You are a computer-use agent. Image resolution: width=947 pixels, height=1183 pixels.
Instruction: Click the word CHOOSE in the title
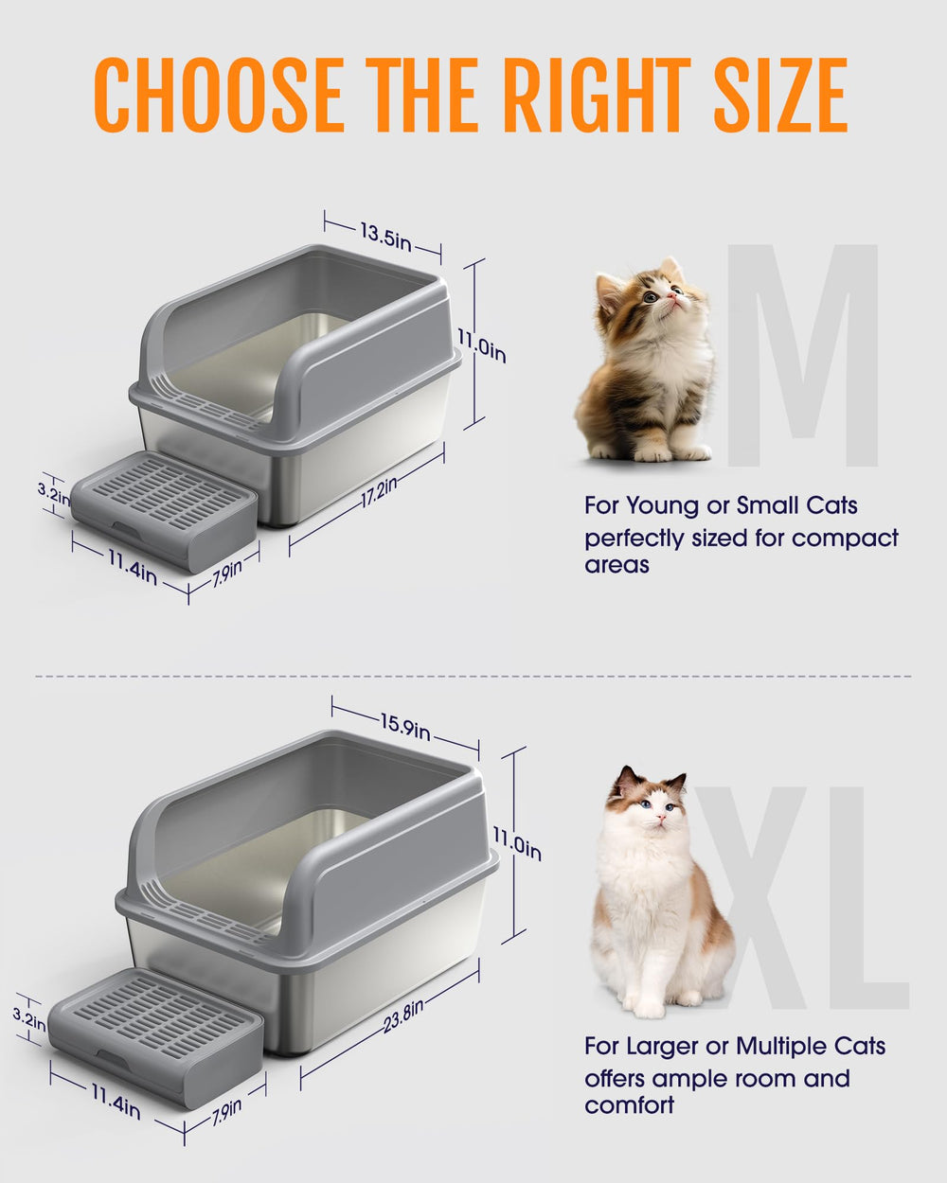pos(219,96)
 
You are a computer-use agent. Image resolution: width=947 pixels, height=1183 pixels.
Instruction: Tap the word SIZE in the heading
pos(780,96)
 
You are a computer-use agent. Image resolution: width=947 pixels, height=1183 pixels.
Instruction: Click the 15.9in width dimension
pos(405,726)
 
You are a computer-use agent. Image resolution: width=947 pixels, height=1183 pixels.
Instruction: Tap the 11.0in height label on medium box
pos(481,344)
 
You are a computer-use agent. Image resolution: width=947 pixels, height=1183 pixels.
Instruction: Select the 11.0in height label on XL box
pos(517,842)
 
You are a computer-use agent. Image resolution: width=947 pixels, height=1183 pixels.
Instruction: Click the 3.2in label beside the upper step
pos(53,492)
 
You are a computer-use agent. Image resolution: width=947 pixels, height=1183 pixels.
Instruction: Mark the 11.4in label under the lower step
pos(116,1101)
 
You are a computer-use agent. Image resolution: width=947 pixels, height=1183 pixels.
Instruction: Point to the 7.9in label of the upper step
pos(226,574)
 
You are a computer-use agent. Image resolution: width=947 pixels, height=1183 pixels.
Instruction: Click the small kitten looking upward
pos(649,364)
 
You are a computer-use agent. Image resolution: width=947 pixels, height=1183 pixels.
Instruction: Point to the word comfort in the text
pos(629,1104)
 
